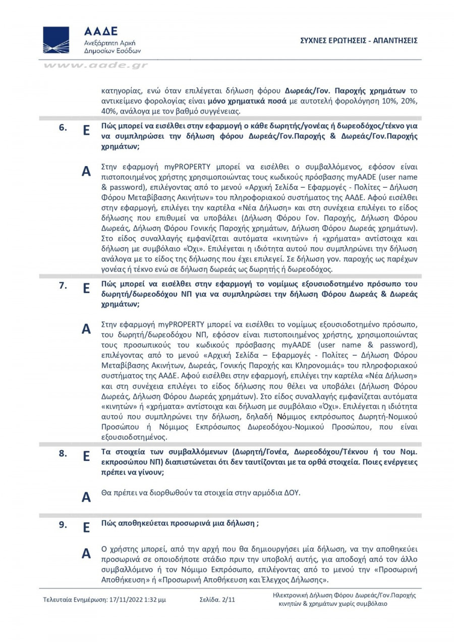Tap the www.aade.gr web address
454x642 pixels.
coord(95,65)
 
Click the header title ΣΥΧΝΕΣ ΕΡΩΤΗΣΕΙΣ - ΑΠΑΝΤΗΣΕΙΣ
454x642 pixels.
coord(358,40)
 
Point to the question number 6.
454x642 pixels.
coord(63,128)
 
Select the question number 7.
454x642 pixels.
coord(63,286)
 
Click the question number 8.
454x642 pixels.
coord(63,453)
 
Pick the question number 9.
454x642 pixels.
coord(63,524)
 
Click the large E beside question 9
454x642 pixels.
coord(86,528)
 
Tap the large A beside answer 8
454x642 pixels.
coord(86,497)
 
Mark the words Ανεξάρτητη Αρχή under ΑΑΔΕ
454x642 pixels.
coord(109,43)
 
